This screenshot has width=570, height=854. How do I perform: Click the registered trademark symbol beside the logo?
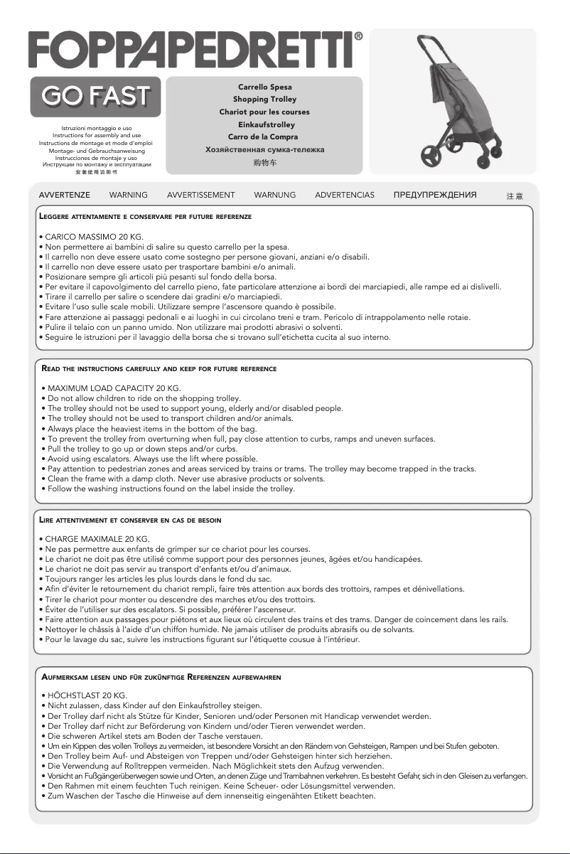point(359,35)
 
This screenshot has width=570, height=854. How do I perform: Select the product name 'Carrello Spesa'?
point(264,87)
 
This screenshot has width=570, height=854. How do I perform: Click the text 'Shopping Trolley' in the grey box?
point(264,100)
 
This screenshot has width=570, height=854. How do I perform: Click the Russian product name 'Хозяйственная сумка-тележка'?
point(264,149)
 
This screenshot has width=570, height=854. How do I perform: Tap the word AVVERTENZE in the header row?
point(64,195)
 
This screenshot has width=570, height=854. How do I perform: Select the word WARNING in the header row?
point(129,195)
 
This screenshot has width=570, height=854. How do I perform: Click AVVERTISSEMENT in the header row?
point(200,195)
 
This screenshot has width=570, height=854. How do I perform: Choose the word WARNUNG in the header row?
point(274,195)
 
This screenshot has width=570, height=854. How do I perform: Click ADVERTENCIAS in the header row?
point(344,195)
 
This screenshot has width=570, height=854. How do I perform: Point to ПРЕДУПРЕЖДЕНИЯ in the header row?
point(435,195)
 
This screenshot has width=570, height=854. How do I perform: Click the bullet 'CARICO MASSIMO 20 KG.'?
point(92,236)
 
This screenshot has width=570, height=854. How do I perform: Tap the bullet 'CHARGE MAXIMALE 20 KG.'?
point(96,540)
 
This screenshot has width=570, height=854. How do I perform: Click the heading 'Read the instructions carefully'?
point(160,369)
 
